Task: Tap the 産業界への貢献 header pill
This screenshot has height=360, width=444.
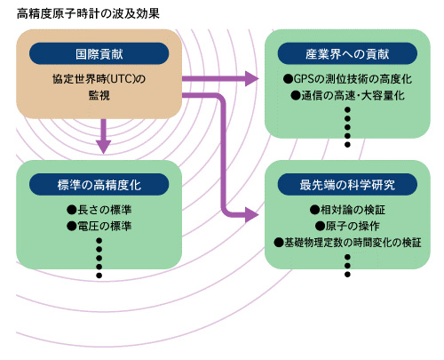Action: point(347,52)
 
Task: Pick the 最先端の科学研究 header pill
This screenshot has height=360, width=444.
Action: point(347,184)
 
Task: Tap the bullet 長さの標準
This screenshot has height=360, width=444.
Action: point(93,210)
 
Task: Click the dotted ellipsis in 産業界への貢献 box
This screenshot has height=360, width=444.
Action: point(348,126)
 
